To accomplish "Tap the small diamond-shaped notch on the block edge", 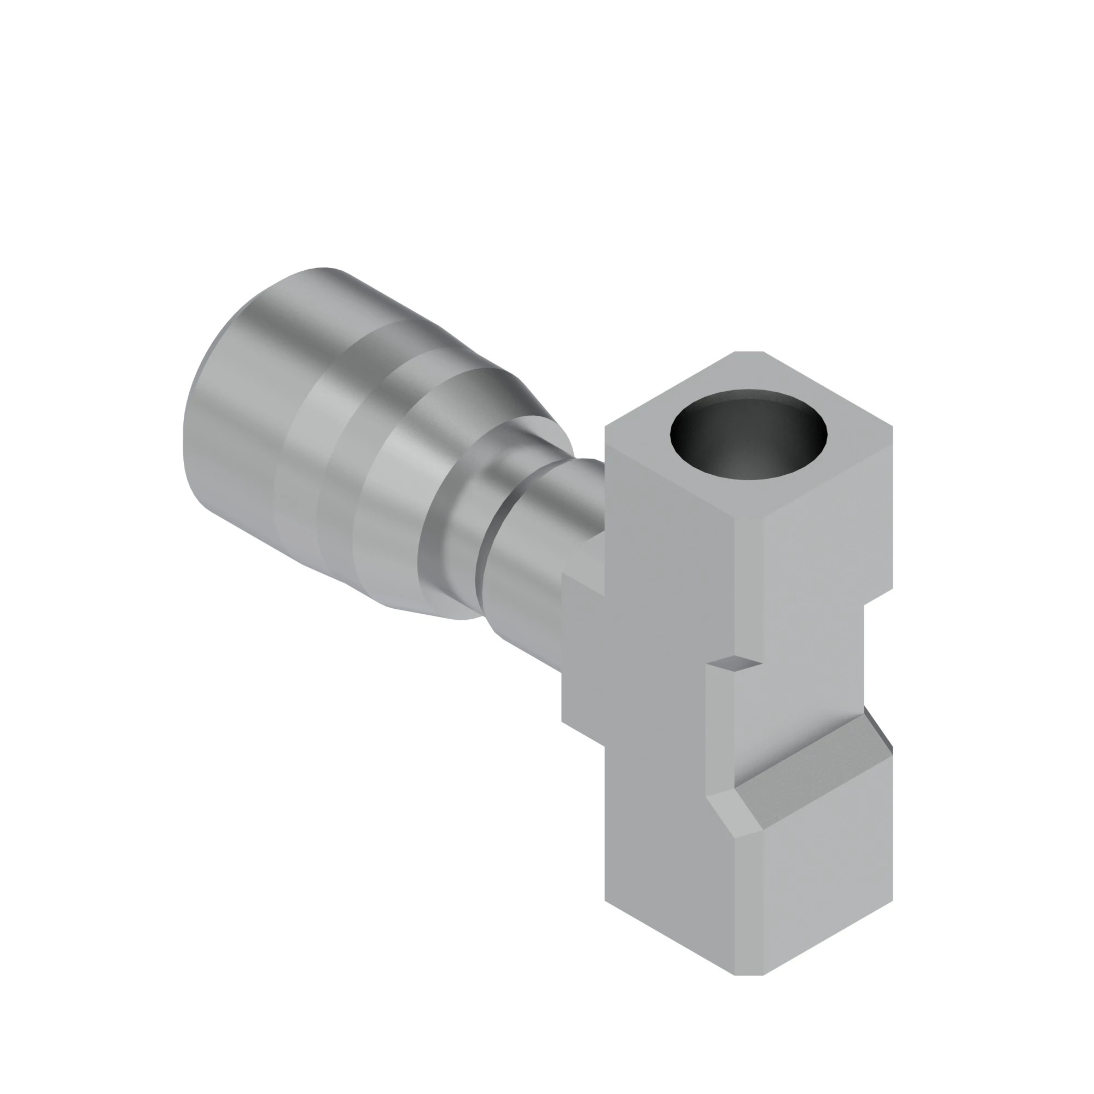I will pos(735,662).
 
